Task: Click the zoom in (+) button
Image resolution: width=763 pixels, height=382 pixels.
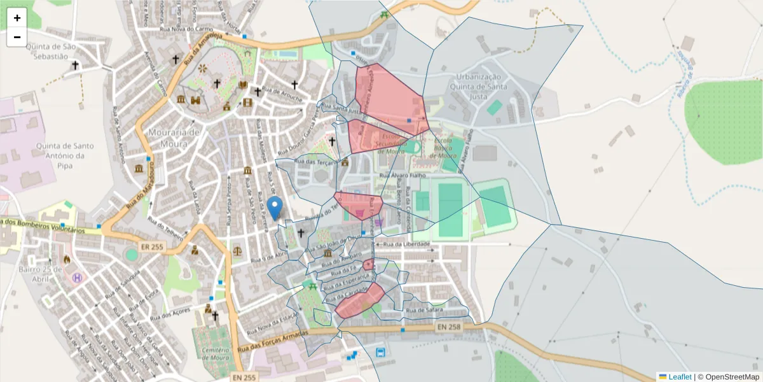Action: pyautogui.click(x=17, y=18)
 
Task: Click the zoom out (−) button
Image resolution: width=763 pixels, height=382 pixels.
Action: pyautogui.click(x=17, y=37)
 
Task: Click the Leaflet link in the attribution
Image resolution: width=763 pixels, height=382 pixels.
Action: pyautogui.click(x=680, y=376)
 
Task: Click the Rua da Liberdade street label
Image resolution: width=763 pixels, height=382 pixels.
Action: pyautogui.click(x=407, y=244)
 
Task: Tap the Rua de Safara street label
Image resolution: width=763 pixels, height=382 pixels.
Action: pyautogui.click(x=424, y=310)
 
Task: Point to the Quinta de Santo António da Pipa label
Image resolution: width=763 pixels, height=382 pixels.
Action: pyautogui.click(x=60, y=150)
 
